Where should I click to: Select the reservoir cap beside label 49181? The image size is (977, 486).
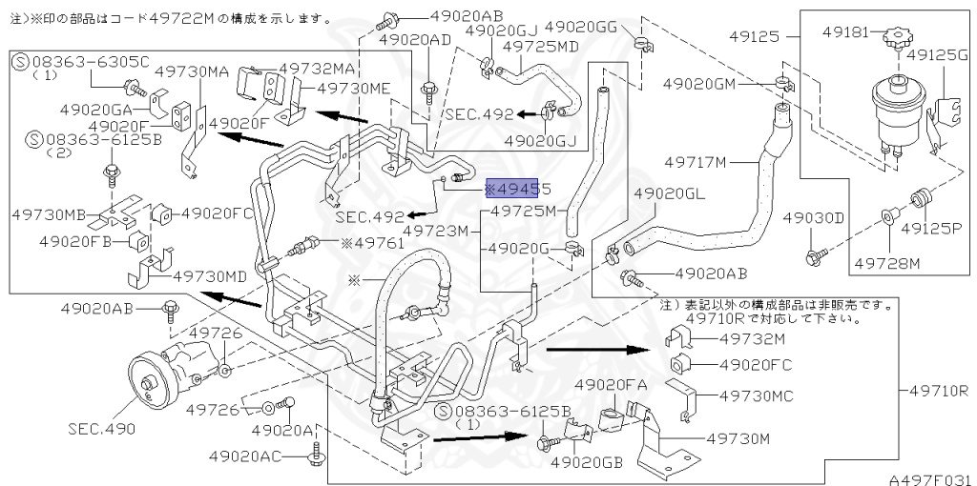[x=896, y=41]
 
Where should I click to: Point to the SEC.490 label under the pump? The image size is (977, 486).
[x=101, y=429]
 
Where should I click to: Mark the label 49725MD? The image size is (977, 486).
[x=540, y=46]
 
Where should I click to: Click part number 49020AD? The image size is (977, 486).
[x=413, y=39]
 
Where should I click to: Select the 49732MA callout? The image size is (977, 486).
[x=317, y=68]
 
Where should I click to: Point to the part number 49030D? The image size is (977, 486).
[x=814, y=218]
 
